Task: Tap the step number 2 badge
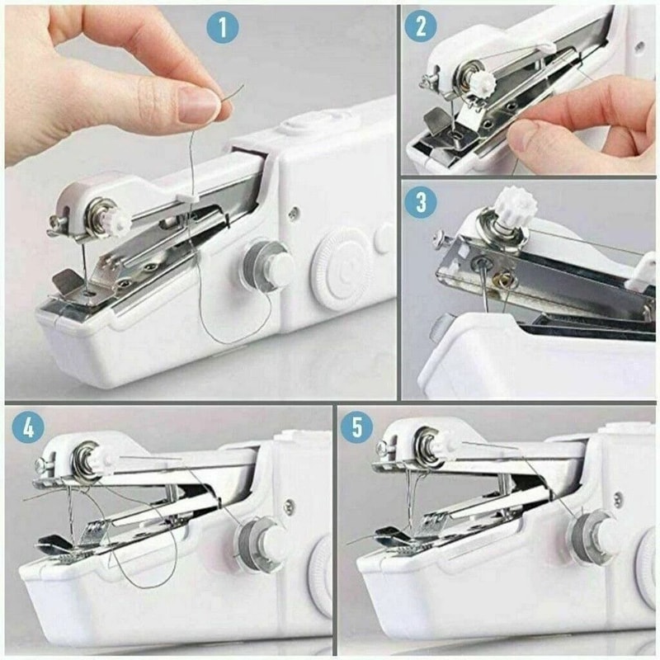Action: click(420, 26)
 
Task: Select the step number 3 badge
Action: click(421, 201)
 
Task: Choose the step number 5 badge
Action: click(356, 429)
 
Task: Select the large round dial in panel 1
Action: click(341, 268)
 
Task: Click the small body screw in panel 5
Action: click(617, 498)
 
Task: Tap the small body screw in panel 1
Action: click(294, 213)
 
